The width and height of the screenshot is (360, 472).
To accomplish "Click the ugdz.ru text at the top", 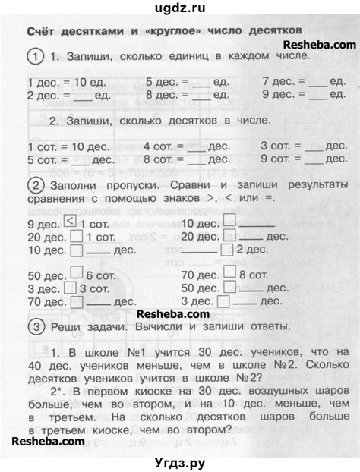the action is [179, 8].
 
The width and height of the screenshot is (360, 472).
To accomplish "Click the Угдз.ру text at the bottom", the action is [179, 459].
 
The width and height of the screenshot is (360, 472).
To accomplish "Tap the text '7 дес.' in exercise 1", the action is [278, 80].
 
